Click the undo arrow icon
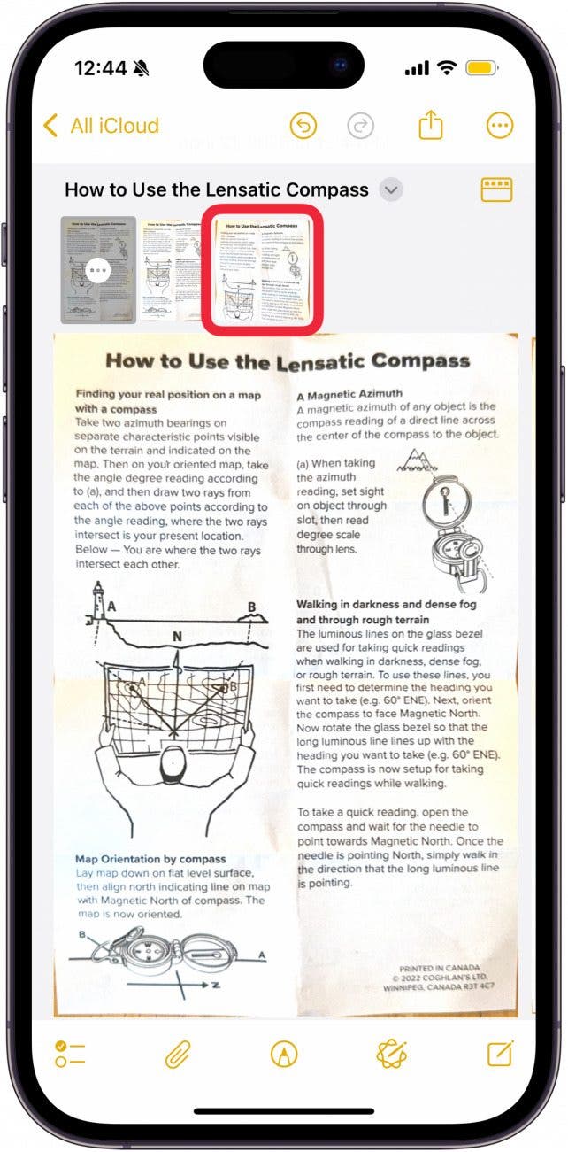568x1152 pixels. pyautogui.click(x=303, y=126)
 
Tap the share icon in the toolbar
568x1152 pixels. pyautogui.click(x=431, y=126)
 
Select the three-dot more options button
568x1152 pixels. pyautogui.click(x=500, y=126)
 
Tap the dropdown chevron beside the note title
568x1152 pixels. pyautogui.click(x=391, y=189)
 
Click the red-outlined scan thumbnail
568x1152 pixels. pyautogui.click(x=262, y=270)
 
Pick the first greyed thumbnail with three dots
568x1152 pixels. pyautogui.click(x=98, y=269)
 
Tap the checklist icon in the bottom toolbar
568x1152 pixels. pyautogui.click(x=70, y=1054)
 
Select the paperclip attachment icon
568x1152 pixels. pyautogui.click(x=178, y=1054)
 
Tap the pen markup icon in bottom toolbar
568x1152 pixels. pyautogui.click(x=284, y=1054)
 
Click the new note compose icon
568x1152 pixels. pyautogui.click(x=500, y=1054)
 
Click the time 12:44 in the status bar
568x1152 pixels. pyautogui.click(x=99, y=68)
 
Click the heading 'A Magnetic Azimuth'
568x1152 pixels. pyautogui.click(x=349, y=393)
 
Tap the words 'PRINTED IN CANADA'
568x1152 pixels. pyautogui.click(x=441, y=969)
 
